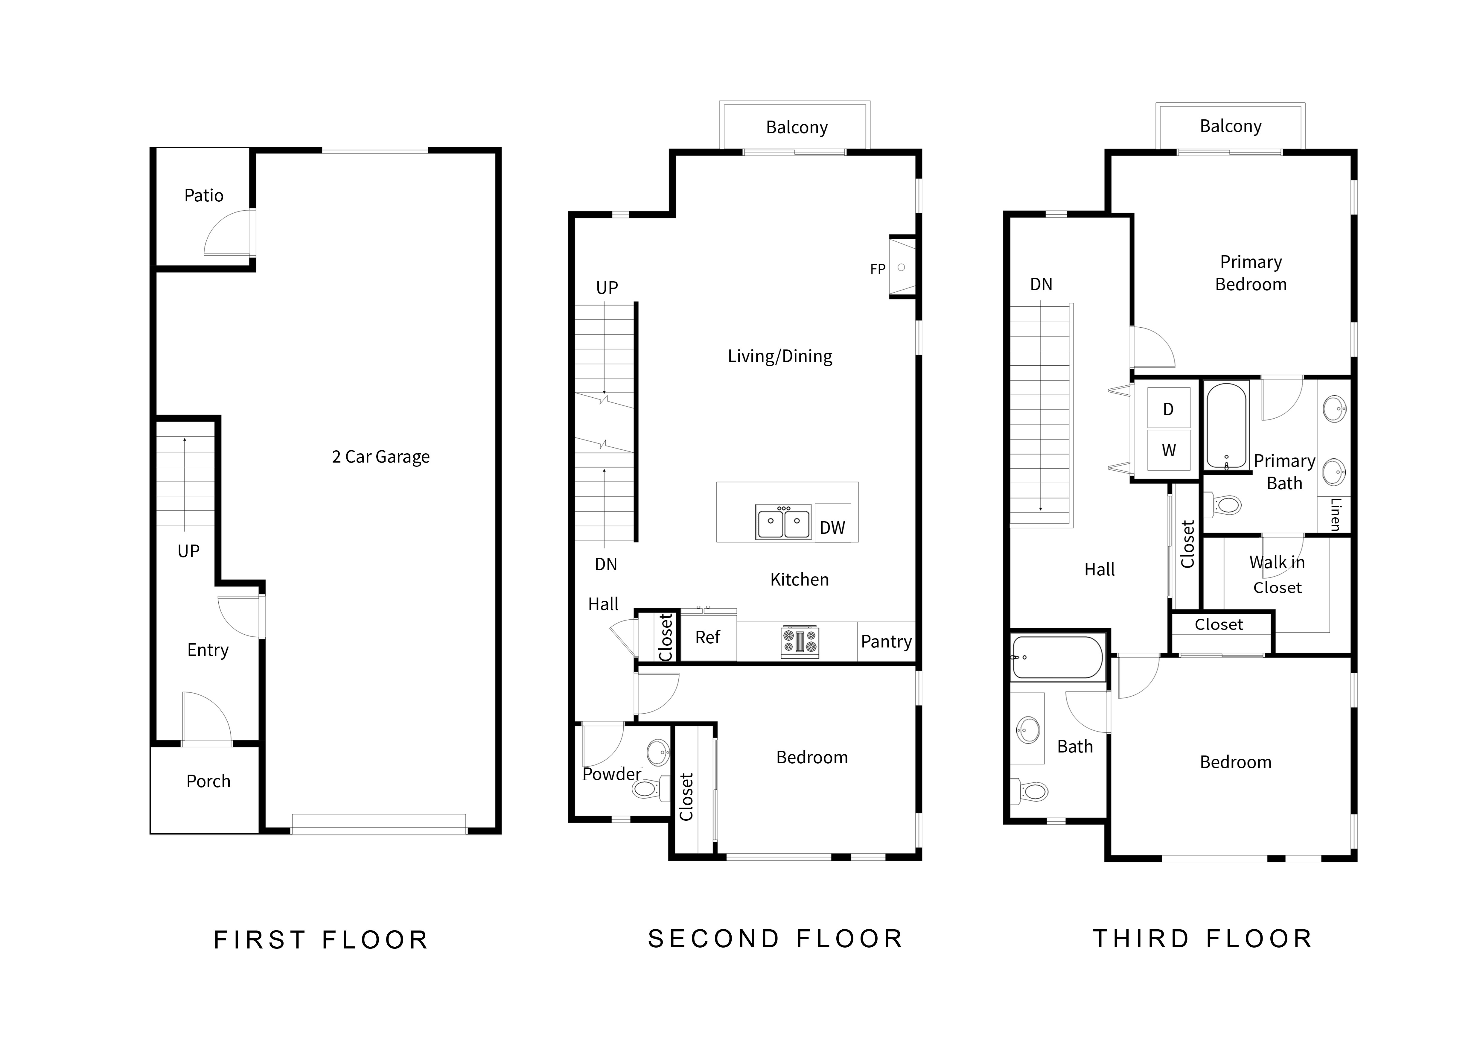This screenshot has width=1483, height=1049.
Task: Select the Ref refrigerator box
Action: [708, 638]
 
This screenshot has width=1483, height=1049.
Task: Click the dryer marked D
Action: [1168, 409]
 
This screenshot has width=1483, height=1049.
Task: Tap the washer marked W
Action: [1168, 450]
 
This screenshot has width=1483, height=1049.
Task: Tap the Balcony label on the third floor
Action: [1231, 126]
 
